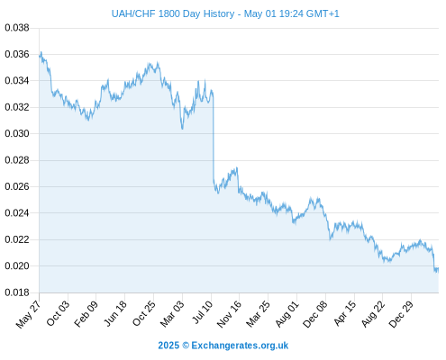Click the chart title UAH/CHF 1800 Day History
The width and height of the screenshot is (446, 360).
pos(173,13)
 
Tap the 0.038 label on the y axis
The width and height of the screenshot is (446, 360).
pos(17,28)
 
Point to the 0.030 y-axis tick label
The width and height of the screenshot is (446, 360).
pos(17,133)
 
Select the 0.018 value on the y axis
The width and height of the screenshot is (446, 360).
pos(17,292)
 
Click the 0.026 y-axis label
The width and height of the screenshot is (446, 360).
pos(17,186)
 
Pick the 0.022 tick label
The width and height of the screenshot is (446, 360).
pos(17,239)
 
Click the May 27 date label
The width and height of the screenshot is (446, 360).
pos(29,315)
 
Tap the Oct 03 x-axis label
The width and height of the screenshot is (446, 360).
pos(58,313)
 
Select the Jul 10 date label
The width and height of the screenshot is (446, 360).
pos(203,312)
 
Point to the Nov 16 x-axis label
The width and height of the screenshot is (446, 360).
pos(229,314)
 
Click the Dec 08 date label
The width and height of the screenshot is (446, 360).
pos(315,314)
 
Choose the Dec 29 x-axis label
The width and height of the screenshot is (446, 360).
pos(401,314)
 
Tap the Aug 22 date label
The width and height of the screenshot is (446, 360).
pos(373,314)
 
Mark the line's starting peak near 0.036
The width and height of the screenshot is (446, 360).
pos(41,52)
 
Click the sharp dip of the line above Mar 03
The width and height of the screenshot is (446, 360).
pos(182,129)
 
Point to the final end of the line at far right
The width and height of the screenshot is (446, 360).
pos(438,269)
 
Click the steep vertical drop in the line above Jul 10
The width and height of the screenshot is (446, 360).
pos(214,138)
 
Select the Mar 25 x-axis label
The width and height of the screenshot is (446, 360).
pos(258,314)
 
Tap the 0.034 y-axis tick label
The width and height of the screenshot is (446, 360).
pos(17,81)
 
